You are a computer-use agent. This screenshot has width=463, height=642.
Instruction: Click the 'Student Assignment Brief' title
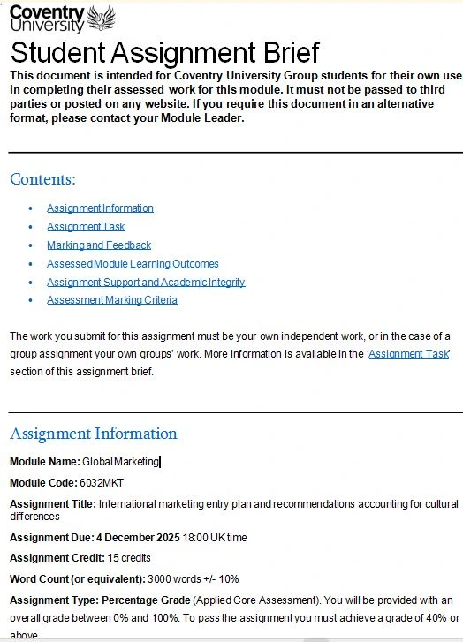click(164, 52)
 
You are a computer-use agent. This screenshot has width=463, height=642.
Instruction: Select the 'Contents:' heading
click(42, 179)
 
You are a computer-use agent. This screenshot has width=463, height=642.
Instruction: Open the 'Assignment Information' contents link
click(100, 208)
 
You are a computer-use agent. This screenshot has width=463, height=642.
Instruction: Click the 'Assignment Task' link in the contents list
click(86, 227)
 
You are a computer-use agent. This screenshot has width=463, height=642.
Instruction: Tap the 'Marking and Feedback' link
click(99, 245)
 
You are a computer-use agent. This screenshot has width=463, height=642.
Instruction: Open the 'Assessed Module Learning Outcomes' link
click(133, 264)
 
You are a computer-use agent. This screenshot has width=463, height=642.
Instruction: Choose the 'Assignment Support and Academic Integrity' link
click(146, 283)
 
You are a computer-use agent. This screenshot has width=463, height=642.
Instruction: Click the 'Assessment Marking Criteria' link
click(112, 300)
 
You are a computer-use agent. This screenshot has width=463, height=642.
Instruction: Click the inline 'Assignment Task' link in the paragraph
click(409, 353)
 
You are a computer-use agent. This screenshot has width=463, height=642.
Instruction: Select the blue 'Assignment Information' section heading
click(93, 434)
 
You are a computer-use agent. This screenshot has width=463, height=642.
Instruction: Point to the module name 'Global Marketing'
click(120, 462)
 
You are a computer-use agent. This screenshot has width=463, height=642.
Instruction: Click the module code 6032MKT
click(100, 483)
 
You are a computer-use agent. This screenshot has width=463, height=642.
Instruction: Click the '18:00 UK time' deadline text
click(215, 537)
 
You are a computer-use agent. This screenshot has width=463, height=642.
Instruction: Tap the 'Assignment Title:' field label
click(53, 504)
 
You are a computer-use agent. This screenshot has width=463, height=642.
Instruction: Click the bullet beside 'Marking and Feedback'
click(31, 245)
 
